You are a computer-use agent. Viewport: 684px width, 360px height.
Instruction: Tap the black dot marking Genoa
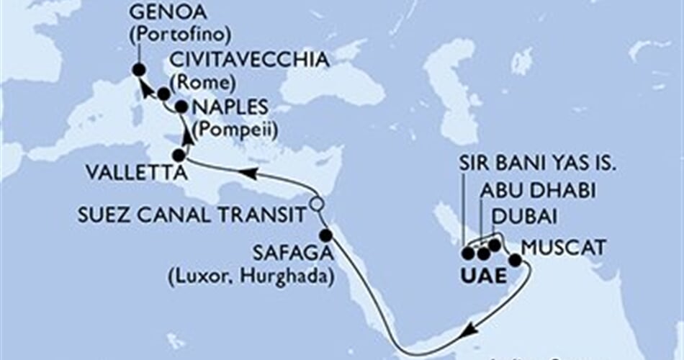tap(139, 70)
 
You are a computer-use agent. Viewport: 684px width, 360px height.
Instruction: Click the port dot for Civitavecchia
tap(164, 94)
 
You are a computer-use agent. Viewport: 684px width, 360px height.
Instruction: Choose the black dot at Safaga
tap(325, 235)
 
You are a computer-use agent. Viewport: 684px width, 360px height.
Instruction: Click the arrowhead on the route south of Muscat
tap(470, 330)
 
